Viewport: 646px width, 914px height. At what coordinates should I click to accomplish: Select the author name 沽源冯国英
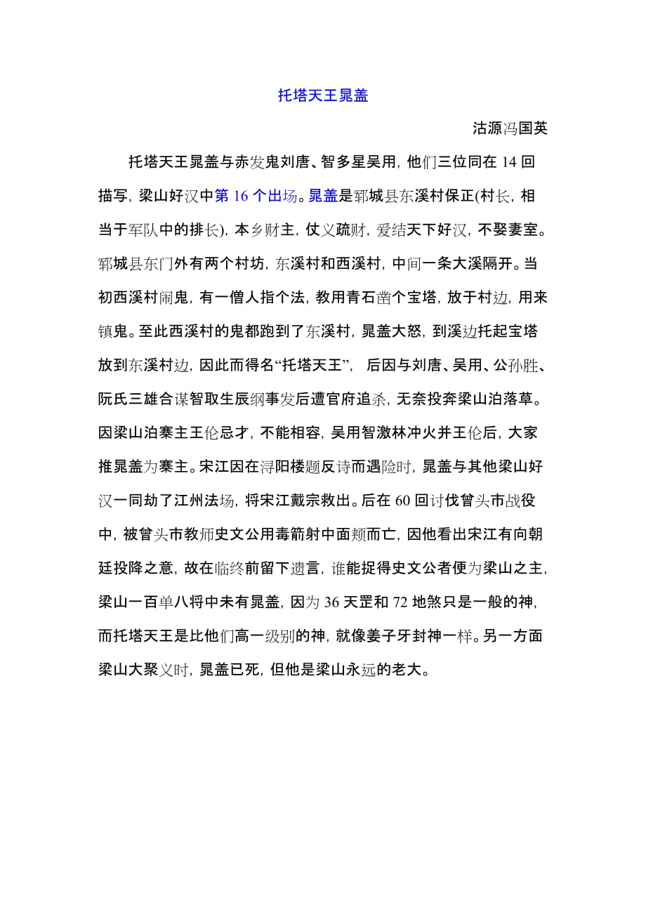[509, 128]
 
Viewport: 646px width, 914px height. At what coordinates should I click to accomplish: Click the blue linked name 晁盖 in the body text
[324, 196]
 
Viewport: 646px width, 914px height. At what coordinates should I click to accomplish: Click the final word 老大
[410, 670]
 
